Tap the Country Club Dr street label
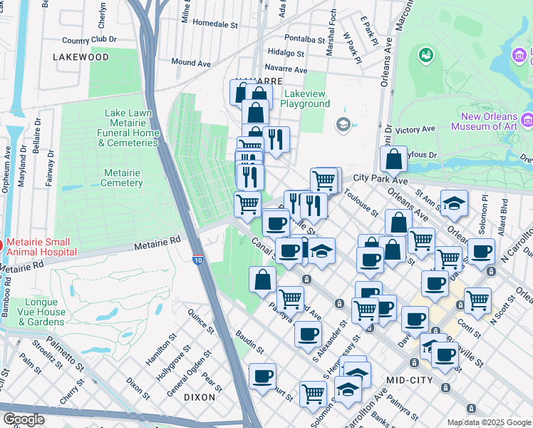point(89,40)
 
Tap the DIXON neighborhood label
point(199,397)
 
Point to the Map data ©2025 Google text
point(489,422)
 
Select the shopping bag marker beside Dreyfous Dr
point(393,160)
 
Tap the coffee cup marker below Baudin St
point(262,377)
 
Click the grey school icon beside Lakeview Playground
point(343,125)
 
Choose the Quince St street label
point(201,320)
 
